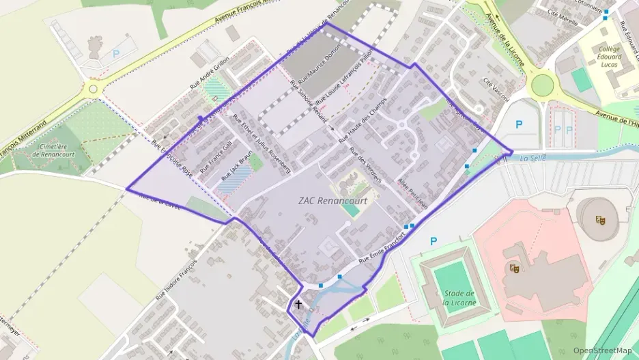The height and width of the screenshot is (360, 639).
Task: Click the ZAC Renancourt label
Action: pyautogui.click(x=332, y=201)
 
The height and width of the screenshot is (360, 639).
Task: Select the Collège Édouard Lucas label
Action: pyautogui.click(x=609, y=57)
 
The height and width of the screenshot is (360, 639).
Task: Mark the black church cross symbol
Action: pyautogui.click(x=298, y=305)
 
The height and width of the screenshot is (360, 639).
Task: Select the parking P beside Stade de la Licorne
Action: pyautogui.click(x=433, y=241)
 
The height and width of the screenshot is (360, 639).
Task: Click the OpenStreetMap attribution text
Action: pyautogui.click(x=602, y=350)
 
